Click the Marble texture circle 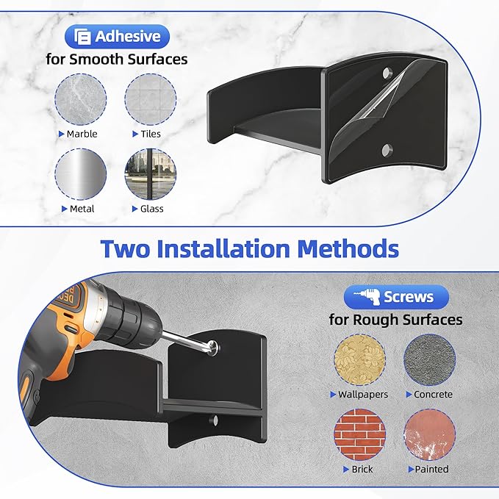click(x=81, y=99)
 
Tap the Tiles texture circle click(x=151, y=99)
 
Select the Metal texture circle click(x=81, y=174)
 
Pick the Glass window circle click(x=151, y=174)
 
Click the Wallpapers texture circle click(x=359, y=359)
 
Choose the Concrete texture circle click(x=430, y=359)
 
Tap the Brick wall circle click(x=359, y=435)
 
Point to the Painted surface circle click(x=430, y=435)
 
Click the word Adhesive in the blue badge click(x=128, y=36)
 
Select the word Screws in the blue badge click(x=409, y=297)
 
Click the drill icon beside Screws click(x=367, y=297)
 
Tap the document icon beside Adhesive click(x=82, y=37)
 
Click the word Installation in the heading click(x=223, y=248)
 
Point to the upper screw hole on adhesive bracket click(x=387, y=73)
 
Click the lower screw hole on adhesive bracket click(x=387, y=149)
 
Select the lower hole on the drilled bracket click(x=213, y=420)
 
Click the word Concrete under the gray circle click(x=433, y=395)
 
